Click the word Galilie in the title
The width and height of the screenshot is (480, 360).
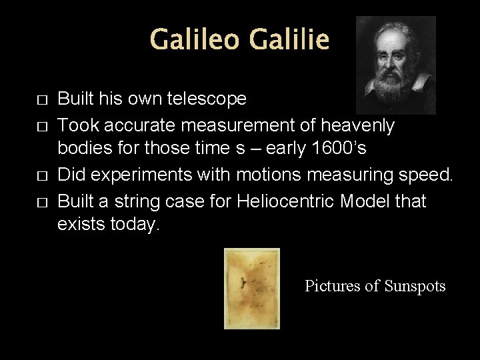point(289,40)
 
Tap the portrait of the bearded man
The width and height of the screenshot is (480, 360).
point(395,65)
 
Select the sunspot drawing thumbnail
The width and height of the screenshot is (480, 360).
point(252,288)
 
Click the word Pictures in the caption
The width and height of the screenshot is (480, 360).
point(333,286)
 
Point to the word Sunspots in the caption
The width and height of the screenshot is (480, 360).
point(415,286)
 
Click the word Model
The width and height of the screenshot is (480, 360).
point(371,201)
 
